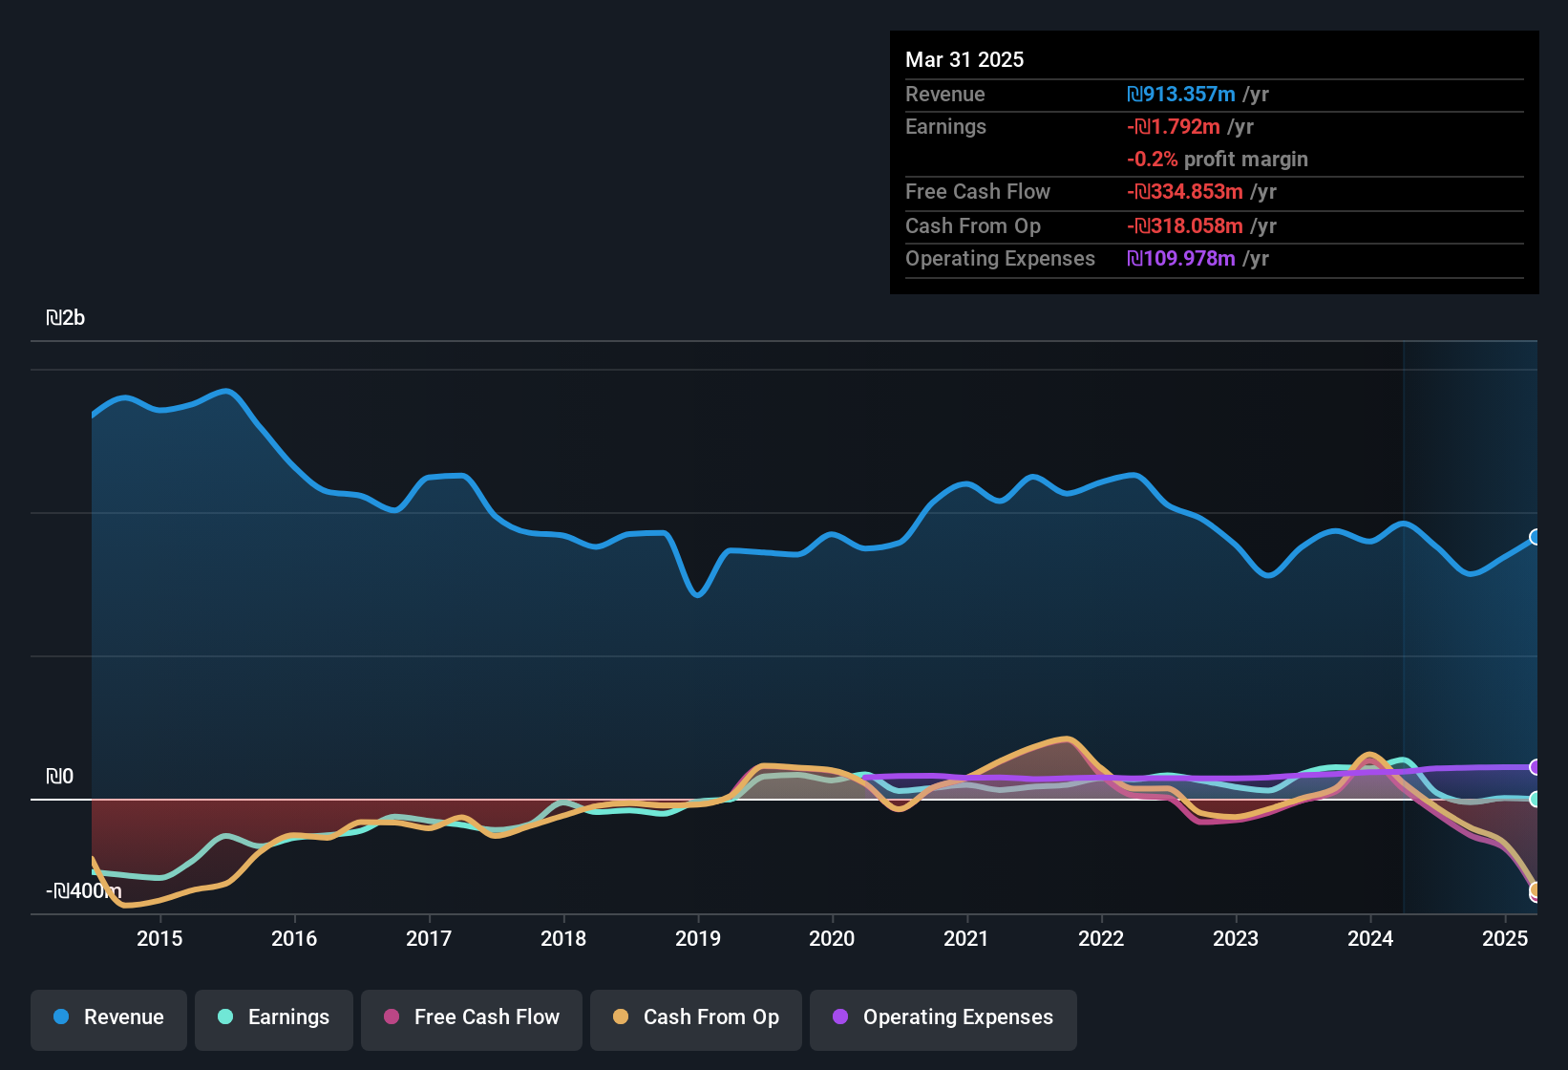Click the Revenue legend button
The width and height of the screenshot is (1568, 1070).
(109, 1017)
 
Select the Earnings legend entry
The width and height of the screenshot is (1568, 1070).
(274, 1017)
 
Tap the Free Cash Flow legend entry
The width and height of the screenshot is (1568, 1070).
(472, 1017)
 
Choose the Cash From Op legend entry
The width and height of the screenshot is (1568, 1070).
(696, 1017)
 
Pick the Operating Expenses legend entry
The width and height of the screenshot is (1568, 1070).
(943, 1017)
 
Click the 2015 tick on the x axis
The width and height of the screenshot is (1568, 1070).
(159, 938)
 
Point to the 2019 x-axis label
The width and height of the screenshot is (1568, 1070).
(698, 938)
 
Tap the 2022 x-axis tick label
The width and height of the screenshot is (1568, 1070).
(1101, 938)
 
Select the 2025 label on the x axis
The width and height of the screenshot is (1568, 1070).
(1505, 938)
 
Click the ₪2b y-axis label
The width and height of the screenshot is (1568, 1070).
(65, 318)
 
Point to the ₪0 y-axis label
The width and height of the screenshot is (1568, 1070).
(59, 777)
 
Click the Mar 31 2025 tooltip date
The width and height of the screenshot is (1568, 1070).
(964, 59)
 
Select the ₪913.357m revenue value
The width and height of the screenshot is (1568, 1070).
(1181, 94)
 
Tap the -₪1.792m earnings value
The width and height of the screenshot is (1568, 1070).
(1174, 127)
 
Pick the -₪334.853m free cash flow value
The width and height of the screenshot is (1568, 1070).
(1185, 192)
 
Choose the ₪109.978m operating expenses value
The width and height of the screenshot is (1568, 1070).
(1181, 259)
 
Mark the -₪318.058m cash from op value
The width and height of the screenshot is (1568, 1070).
(1185, 226)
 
